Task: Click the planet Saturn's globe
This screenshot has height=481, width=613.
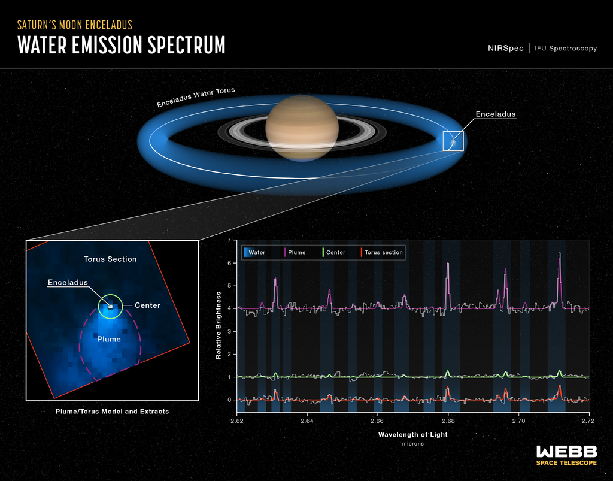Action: (x=302, y=128)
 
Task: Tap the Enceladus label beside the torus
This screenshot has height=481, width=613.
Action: (x=495, y=114)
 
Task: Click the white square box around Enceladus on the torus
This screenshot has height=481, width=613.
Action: (x=453, y=141)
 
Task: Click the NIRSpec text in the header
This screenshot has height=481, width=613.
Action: (x=505, y=48)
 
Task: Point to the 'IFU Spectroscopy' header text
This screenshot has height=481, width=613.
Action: (x=565, y=48)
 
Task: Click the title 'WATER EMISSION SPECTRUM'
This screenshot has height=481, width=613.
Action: (x=122, y=45)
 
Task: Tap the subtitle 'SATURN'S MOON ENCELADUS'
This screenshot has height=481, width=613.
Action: (x=75, y=25)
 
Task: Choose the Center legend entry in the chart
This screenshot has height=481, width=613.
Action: (x=332, y=252)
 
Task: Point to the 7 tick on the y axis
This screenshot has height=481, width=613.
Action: (x=229, y=240)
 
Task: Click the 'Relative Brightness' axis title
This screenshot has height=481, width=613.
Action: (x=220, y=325)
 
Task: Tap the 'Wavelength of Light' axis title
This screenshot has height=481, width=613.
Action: (x=412, y=434)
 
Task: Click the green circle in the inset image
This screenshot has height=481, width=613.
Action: (x=110, y=305)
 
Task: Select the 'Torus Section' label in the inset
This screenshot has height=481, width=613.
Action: (x=110, y=259)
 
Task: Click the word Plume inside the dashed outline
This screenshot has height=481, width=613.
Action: (x=109, y=339)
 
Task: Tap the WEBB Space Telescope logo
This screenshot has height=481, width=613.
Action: (x=566, y=455)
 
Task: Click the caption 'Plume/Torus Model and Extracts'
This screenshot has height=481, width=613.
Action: (x=112, y=412)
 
